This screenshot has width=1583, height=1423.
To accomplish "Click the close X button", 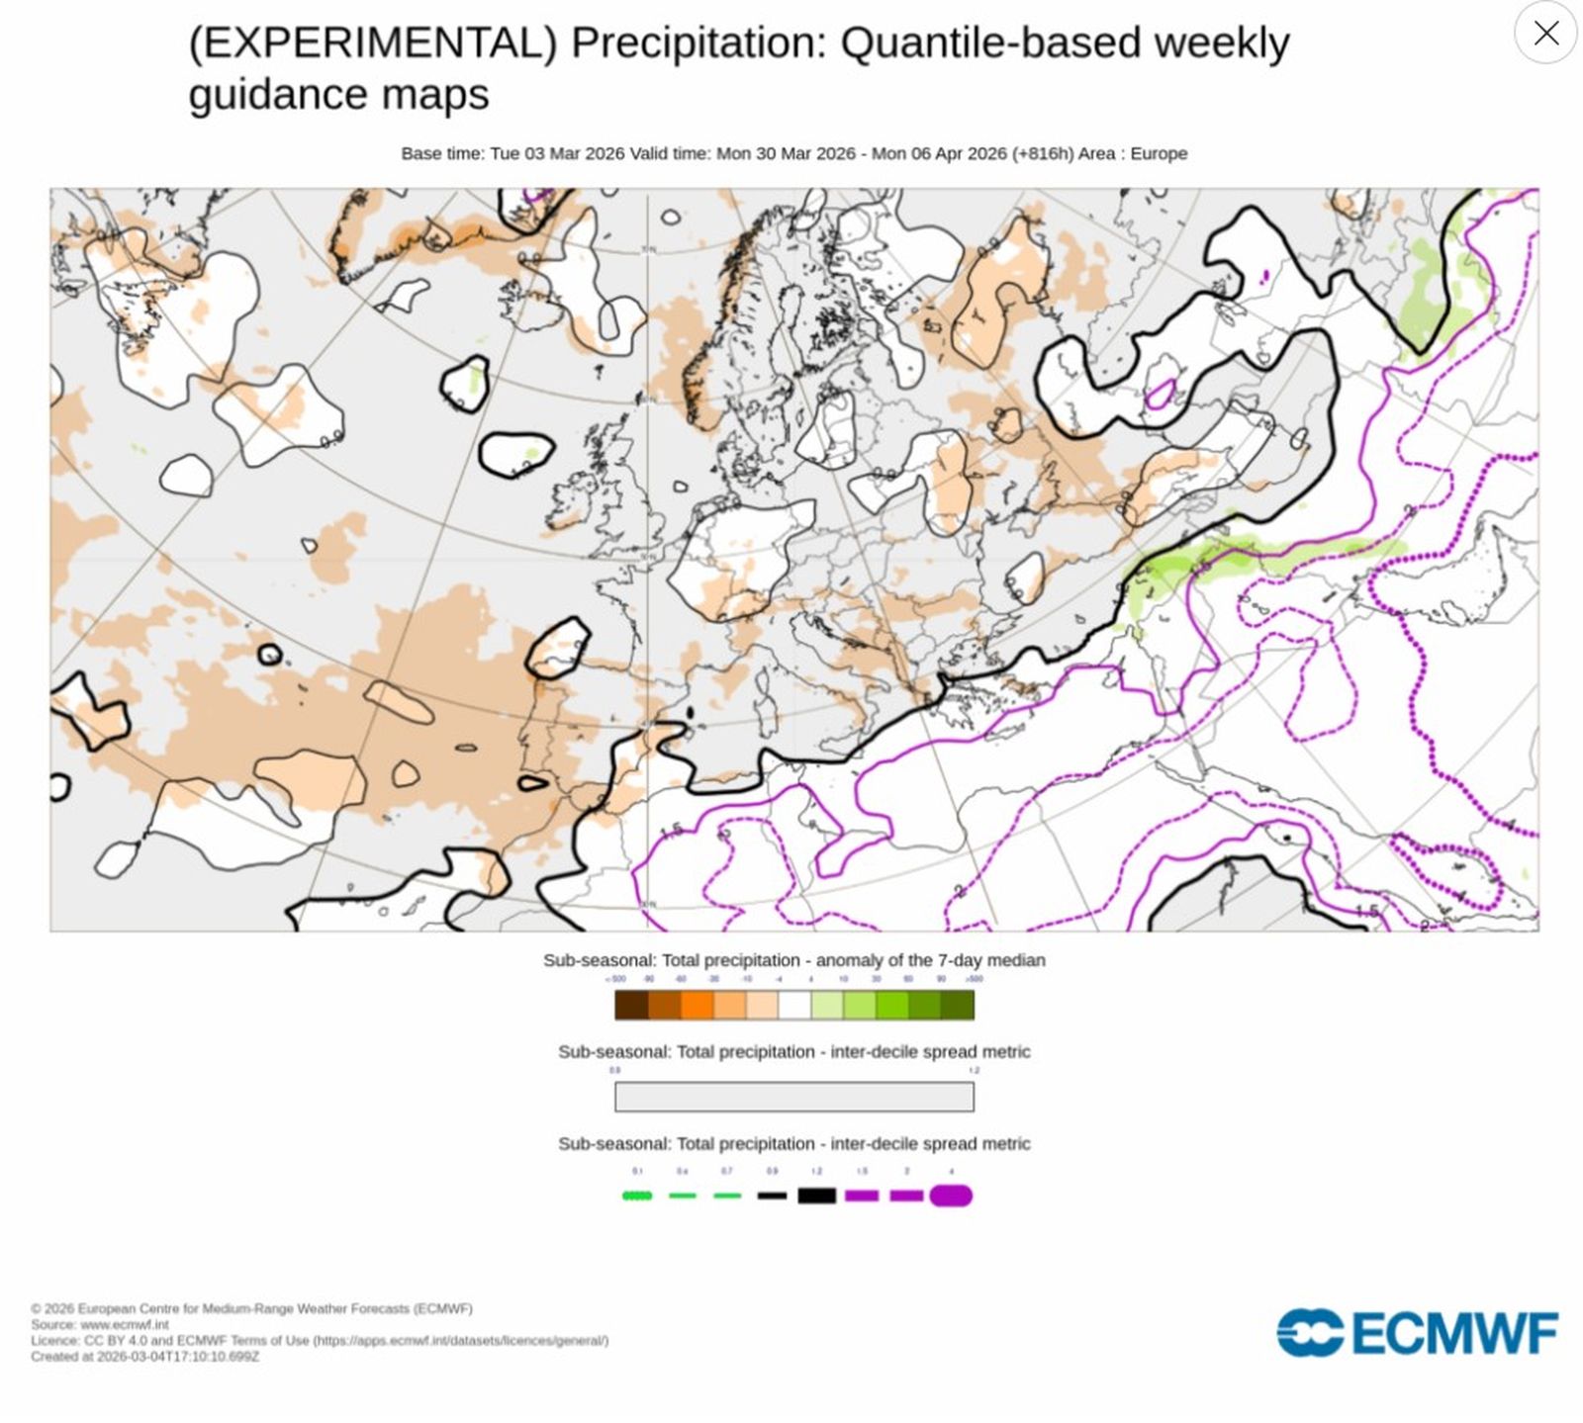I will click(1545, 33).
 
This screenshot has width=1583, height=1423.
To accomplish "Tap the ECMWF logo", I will click(1417, 1333).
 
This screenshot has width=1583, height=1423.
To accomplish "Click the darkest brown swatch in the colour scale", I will click(631, 1005).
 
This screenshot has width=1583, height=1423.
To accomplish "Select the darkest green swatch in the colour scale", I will click(958, 1005).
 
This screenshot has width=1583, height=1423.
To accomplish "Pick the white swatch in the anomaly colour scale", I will click(794, 1005).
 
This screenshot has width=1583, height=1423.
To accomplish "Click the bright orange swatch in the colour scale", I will click(697, 1005).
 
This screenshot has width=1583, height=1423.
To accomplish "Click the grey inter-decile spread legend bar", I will click(793, 1097).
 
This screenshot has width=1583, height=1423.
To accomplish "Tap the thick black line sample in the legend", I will click(817, 1196).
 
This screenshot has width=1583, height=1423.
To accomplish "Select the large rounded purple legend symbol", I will click(951, 1196).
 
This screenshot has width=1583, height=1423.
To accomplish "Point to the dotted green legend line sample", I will click(637, 1196).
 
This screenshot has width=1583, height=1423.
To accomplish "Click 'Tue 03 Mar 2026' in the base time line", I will click(557, 153).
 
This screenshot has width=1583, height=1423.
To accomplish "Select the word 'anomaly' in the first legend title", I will click(847, 960).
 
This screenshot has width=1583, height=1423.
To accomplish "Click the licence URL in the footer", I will click(460, 1340).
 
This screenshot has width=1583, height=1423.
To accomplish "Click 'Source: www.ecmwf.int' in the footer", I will click(99, 1324).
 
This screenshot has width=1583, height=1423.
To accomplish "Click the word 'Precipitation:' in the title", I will click(698, 43).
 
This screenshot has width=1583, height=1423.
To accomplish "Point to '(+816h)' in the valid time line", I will click(1042, 153).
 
